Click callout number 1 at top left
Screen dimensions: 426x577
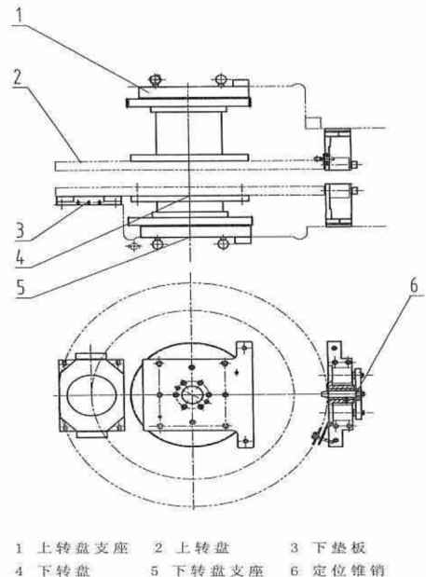(20, 15)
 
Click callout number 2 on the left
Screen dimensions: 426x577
(18, 77)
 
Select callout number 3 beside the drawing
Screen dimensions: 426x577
(20, 231)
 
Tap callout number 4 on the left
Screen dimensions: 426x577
(20, 256)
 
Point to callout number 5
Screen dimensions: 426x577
(21, 286)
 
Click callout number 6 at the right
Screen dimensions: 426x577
(414, 285)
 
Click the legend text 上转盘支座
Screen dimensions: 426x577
(83, 548)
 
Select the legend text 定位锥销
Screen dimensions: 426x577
(348, 570)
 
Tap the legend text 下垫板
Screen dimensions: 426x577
(338, 547)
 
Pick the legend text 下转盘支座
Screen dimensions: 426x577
(218, 570)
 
